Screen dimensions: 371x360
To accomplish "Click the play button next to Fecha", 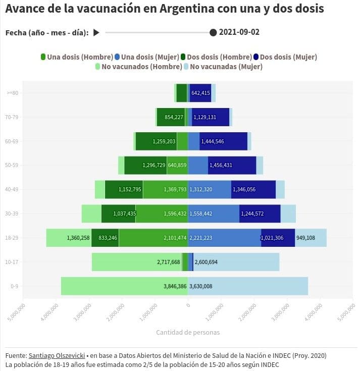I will coord(96,33).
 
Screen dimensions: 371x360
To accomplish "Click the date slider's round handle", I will coord(213,33).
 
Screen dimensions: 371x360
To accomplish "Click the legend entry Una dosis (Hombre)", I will coord(76,57).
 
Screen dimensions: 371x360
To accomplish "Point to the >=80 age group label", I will coord(13,93).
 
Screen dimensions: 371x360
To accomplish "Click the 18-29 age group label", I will coord(13,238).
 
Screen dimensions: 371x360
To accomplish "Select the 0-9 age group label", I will coord(15,286).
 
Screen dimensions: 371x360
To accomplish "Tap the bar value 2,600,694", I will coord(206,262).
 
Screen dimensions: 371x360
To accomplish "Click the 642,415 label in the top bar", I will coord(200,93).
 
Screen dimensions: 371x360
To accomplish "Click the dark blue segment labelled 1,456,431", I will coord(232,165).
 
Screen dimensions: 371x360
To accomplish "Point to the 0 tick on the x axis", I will coord(188,305).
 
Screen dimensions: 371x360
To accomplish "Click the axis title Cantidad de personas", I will coord(188,332).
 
